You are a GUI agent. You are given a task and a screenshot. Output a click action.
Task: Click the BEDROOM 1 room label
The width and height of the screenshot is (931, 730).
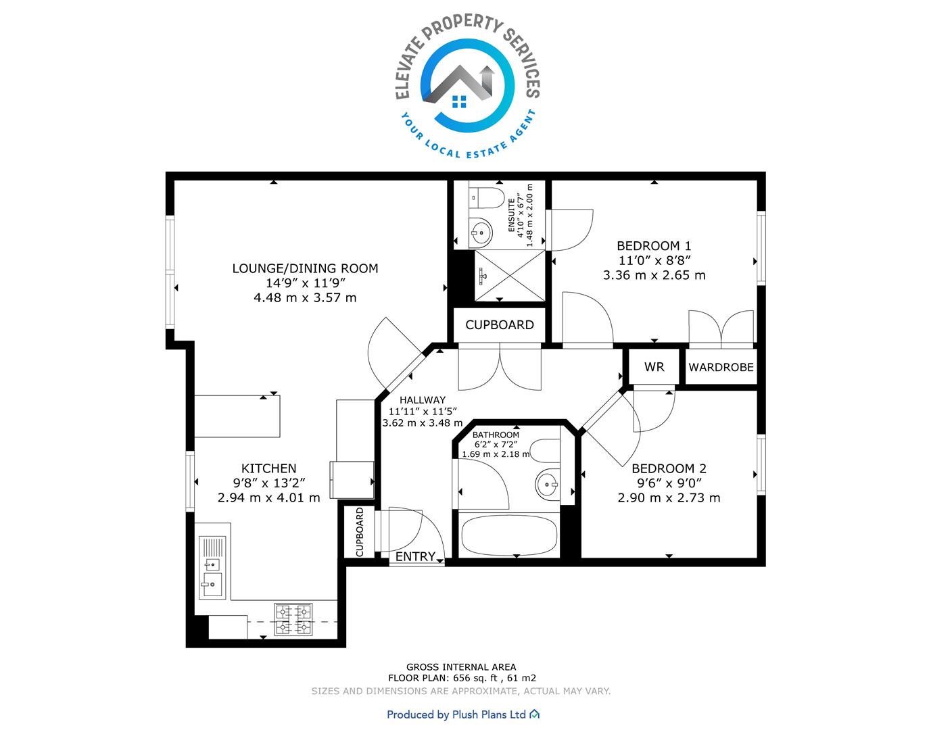pyautogui.click(x=654, y=246)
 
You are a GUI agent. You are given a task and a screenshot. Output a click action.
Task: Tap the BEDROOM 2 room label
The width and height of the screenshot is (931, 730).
pyautogui.click(x=669, y=469)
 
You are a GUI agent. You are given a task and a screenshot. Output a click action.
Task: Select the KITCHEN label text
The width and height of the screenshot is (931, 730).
pyautogui.click(x=268, y=468)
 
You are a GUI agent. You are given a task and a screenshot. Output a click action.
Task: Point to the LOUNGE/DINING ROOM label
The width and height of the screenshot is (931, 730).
pyautogui.click(x=305, y=268)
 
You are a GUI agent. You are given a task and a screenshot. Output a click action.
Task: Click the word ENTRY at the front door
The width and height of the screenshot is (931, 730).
pyautogui.click(x=415, y=556)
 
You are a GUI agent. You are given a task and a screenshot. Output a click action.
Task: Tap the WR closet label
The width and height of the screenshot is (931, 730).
pyautogui.click(x=654, y=367)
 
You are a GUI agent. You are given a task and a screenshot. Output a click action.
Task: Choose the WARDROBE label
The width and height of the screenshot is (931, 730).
pyautogui.click(x=721, y=367)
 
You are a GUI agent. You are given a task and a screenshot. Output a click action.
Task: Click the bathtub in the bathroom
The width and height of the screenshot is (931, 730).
pyautogui.click(x=509, y=535)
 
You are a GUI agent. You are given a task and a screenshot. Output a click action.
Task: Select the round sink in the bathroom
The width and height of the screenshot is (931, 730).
pyautogui.click(x=548, y=484)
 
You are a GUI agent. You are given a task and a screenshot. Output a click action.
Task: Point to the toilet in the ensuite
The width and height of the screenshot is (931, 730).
pyautogui.click(x=487, y=199)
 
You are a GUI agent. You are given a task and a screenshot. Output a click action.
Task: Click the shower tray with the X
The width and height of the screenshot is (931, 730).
pyautogui.click(x=510, y=276)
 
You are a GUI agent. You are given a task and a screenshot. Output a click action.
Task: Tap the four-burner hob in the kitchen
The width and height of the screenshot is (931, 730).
pyautogui.click(x=293, y=620)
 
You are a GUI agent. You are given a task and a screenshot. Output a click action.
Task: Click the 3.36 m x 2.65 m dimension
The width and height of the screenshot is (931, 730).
pyautogui.click(x=654, y=275)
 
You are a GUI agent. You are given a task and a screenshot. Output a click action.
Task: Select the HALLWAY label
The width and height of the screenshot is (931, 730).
pyautogui.click(x=423, y=400)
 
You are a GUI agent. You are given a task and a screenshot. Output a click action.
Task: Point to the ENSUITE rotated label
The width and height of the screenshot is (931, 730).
pyautogui.click(x=511, y=216)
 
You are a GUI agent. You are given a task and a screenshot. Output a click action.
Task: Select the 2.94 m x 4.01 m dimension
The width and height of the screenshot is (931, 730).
pyautogui.click(x=268, y=498)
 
